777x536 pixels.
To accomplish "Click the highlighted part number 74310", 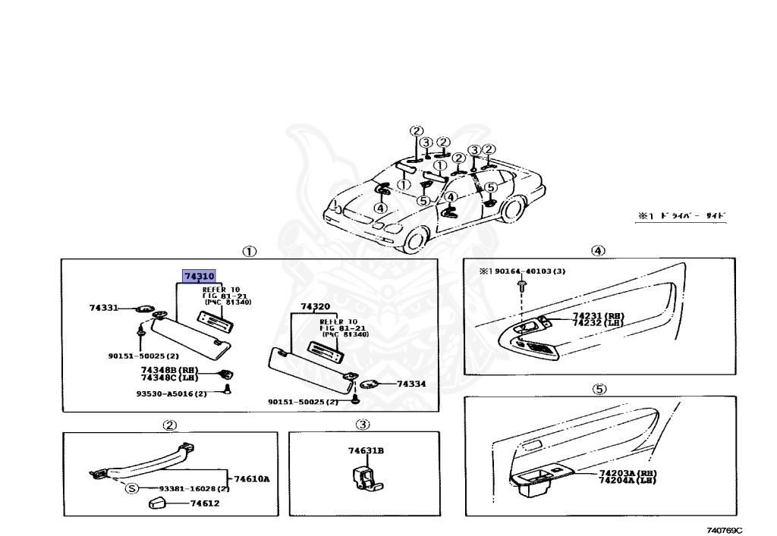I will tap(199, 277).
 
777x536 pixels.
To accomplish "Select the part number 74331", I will tap(103, 309).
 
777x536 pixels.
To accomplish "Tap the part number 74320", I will tap(315, 307).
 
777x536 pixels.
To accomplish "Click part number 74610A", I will tap(252, 478).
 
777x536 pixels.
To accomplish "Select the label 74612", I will tap(205, 503).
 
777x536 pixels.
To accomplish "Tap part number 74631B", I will tap(366, 451).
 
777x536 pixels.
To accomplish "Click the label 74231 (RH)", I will tap(598, 315).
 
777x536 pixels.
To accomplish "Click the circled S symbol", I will tap(131, 488).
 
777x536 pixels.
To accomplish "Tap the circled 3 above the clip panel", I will tap(363, 425).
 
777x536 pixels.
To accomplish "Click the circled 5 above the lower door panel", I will tap(599, 390).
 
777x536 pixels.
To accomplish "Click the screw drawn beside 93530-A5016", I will tap(227, 390).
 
